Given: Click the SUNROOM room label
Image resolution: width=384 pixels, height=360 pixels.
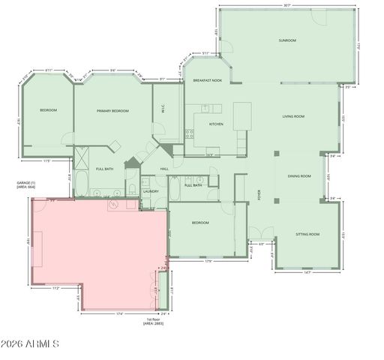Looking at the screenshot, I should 287,40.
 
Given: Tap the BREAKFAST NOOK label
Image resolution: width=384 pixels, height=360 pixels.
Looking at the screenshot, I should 206,79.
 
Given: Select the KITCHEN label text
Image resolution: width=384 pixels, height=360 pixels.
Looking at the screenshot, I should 216,124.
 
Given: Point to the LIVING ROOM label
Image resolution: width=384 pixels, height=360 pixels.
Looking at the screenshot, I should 292,116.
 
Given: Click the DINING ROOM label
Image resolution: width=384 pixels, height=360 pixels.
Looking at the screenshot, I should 299,176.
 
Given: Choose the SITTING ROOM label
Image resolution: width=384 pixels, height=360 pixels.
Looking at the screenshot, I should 307,235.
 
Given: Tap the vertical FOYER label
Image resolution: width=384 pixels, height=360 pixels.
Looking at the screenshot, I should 260,193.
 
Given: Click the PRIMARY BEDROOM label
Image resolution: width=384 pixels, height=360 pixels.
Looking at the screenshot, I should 112,111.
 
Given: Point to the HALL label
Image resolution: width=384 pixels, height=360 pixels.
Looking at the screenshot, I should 164,169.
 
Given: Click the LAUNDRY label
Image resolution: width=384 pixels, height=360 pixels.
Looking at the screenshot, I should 151,191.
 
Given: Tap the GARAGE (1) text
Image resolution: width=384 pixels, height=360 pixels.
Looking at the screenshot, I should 26,182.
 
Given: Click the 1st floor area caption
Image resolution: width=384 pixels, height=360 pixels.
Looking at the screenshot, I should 155,321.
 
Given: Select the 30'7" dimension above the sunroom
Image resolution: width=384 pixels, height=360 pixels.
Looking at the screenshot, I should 287,6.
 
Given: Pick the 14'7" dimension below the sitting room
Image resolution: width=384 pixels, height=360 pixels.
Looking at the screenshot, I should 307,272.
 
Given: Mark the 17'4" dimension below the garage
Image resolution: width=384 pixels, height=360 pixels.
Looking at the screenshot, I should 120,313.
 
